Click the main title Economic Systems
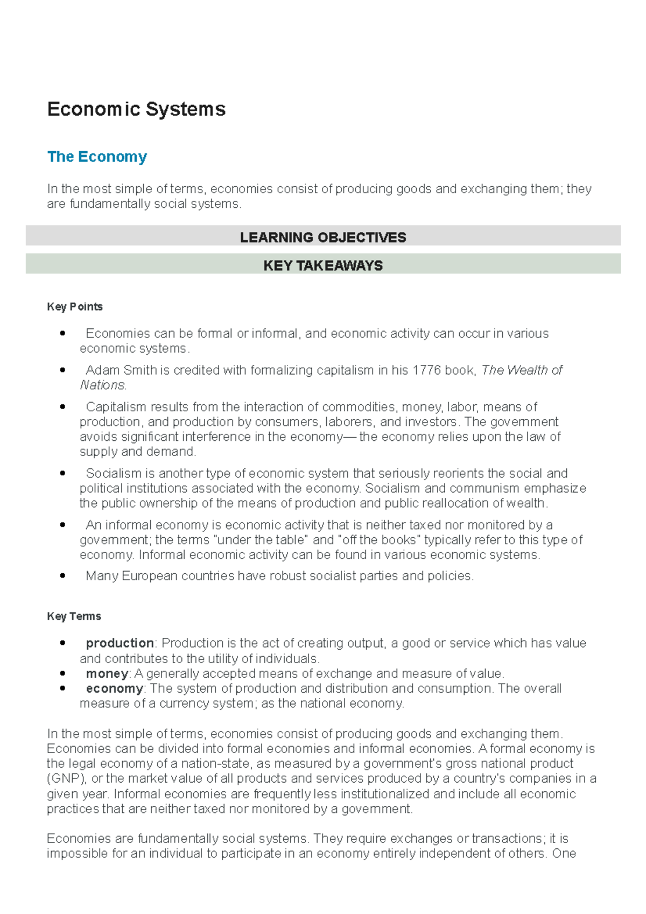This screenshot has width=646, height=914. (x=136, y=109)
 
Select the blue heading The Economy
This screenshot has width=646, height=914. (x=97, y=157)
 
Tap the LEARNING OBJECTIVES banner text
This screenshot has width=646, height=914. (x=323, y=237)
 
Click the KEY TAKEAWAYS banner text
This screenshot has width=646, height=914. (x=323, y=265)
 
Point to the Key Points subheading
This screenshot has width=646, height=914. (x=75, y=307)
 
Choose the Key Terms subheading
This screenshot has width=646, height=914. (x=74, y=616)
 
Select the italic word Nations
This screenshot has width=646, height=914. (x=103, y=385)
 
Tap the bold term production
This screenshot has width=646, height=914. (x=120, y=643)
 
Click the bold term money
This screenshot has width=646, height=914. (x=107, y=674)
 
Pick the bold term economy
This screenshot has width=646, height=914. (x=114, y=688)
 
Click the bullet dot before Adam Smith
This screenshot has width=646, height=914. (x=63, y=370)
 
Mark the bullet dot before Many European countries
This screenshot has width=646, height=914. (x=63, y=576)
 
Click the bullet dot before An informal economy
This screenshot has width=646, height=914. (x=63, y=525)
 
